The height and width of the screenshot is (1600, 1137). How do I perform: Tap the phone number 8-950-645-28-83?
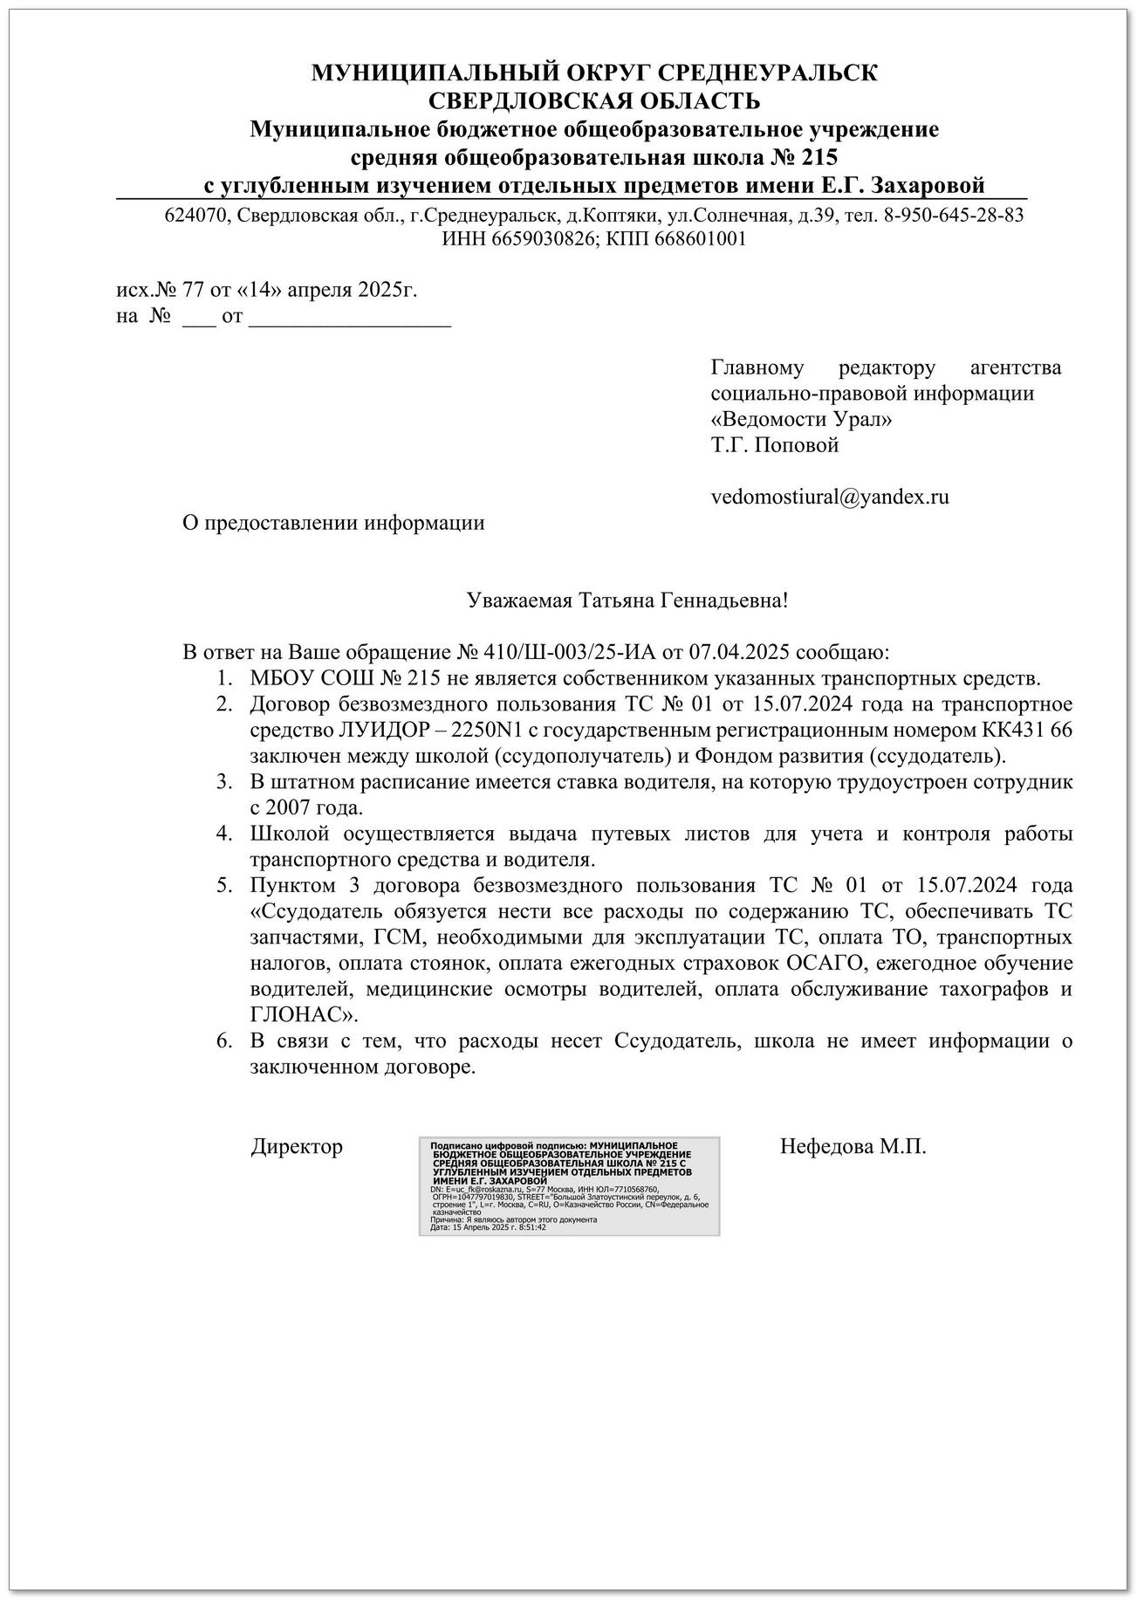[x=954, y=215]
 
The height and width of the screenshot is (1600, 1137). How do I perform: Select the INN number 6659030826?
[x=531, y=239]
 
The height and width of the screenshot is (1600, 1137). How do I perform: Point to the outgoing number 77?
[x=191, y=290]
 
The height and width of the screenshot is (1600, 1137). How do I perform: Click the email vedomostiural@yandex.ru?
[x=830, y=498]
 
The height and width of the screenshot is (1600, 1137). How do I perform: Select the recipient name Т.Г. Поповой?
[x=775, y=445]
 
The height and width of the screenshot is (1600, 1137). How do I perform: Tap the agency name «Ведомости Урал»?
[x=802, y=419]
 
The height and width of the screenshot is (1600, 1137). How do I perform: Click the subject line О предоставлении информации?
[x=332, y=523]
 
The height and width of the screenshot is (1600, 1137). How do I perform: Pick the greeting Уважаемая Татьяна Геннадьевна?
[x=628, y=601]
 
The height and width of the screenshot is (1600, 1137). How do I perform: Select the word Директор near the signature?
[x=297, y=1146]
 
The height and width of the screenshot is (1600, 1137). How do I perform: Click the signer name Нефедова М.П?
[x=853, y=1146]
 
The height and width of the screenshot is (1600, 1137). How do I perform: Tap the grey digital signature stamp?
[x=569, y=1186]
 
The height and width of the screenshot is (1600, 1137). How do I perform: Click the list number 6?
[x=223, y=1041]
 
